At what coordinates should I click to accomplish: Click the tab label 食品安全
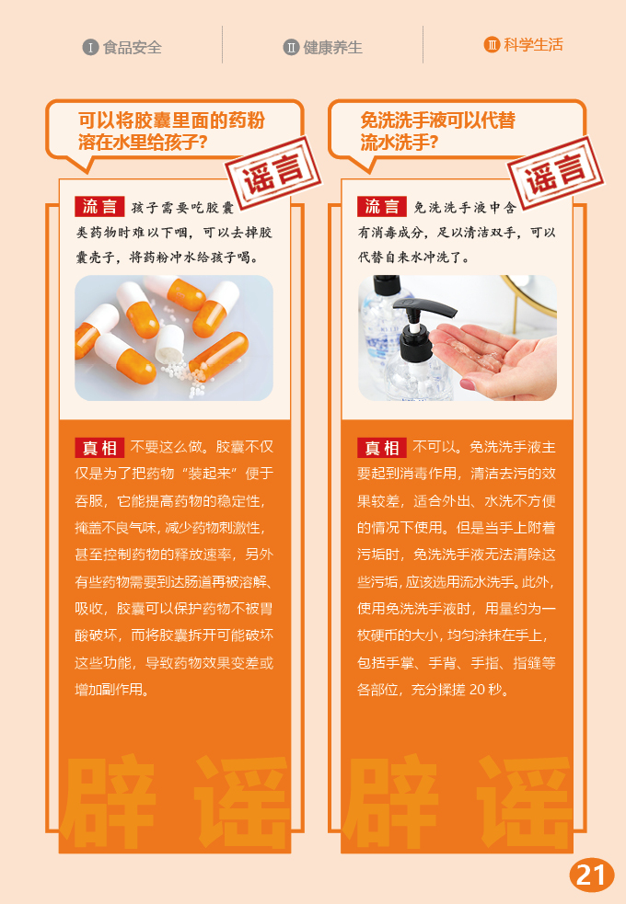tap(133, 47)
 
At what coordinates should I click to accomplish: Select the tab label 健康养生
tap(333, 47)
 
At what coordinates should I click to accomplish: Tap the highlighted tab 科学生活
tap(533, 45)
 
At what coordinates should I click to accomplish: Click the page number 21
tap(591, 875)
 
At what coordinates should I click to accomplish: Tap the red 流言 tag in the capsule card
tap(99, 206)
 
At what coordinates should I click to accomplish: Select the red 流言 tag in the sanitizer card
tap(381, 206)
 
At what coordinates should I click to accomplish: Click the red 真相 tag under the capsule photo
tap(99, 447)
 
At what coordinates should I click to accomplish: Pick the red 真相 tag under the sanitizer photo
tap(381, 447)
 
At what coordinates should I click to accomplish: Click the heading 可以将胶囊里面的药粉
tap(171, 120)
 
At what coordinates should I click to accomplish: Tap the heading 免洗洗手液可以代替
tap(438, 120)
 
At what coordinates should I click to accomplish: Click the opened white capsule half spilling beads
tap(169, 344)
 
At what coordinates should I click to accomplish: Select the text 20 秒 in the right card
tap(489, 690)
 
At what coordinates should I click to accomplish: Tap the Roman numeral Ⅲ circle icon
tap(492, 45)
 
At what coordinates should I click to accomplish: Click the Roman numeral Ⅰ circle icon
tap(90, 47)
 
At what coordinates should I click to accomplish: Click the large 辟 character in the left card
tap(109, 801)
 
